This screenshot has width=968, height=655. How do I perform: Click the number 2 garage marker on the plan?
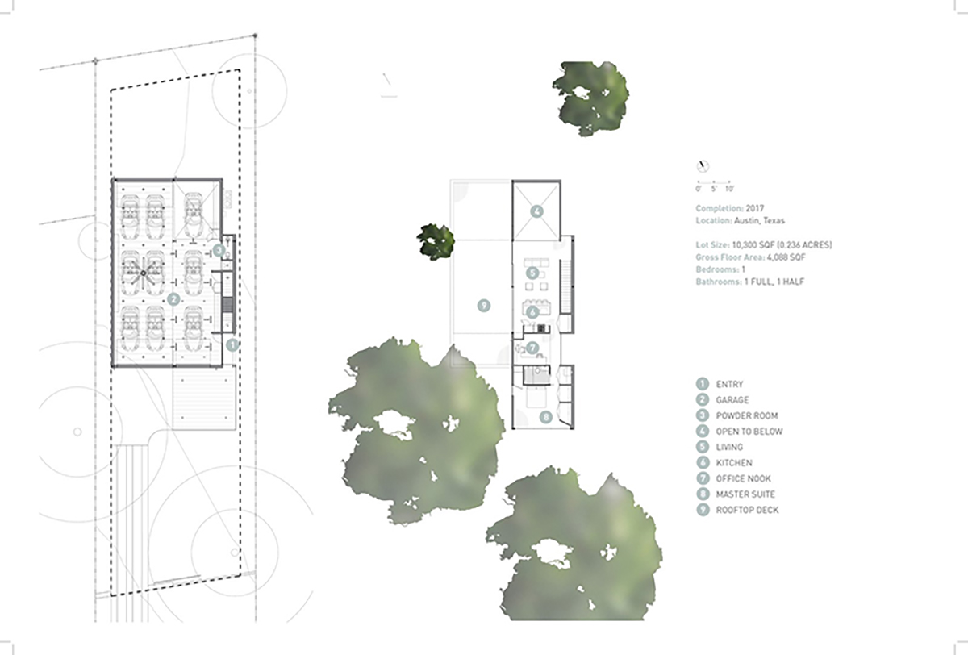pos(173,299)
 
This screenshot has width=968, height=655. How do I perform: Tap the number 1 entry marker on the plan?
pos(232,344)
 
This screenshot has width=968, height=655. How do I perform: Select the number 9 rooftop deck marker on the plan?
pos(483,306)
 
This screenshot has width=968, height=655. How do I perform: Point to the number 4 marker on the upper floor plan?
pos(536,211)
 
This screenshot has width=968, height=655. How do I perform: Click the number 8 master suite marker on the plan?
pos(546,417)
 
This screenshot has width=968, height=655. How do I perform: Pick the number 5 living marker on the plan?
pos(532,273)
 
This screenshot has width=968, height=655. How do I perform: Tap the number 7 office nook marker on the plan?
pos(532,348)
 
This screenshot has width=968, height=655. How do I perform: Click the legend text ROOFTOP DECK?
pos(747,510)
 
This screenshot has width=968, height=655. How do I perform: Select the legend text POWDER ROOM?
pos(747,415)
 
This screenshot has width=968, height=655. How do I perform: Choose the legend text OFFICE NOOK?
pos(743,478)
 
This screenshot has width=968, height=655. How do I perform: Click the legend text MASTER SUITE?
pos(745,494)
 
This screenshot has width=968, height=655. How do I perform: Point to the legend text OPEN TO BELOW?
pos(749,432)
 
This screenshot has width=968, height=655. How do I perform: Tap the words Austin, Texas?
pos(759,221)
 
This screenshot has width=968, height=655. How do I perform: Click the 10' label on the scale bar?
pos(730,189)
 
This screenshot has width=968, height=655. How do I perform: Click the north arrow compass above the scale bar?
pos(703,166)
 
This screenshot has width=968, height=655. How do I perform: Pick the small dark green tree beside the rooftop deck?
pos(436,241)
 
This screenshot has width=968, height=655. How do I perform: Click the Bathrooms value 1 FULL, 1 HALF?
pos(774,282)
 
